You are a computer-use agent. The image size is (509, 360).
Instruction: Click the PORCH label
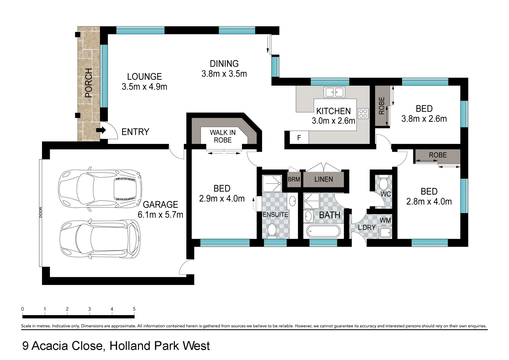click(x=89, y=83)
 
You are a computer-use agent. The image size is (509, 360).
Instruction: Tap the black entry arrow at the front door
click(x=101, y=130)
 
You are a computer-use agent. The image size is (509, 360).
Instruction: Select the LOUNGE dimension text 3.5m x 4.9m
click(x=144, y=87)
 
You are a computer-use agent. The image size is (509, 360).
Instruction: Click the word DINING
click(x=224, y=64)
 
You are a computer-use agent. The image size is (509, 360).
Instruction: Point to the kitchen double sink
click(x=334, y=92)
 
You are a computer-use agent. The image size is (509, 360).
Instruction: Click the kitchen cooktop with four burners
click(x=363, y=113)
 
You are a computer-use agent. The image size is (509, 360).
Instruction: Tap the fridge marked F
click(x=299, y=138)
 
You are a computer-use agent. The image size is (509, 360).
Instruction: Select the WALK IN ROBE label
click(x=223, y=136)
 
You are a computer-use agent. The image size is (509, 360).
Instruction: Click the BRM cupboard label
click(x=294, y=179)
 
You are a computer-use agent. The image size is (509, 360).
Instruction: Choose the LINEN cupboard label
click(x=323, y=179)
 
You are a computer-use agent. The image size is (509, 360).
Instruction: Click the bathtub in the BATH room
click(x=323, y=231)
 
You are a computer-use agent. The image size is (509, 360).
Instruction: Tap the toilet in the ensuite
click(x=272, y=231)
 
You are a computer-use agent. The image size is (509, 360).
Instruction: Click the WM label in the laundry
click(x=385, y=220)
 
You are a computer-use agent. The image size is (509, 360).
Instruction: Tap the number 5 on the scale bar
click(x=134, y=309)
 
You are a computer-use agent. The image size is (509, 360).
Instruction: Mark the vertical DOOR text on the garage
click(x=41, y=213)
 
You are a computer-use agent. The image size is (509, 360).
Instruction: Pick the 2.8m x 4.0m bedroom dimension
click(x=429, y=202)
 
